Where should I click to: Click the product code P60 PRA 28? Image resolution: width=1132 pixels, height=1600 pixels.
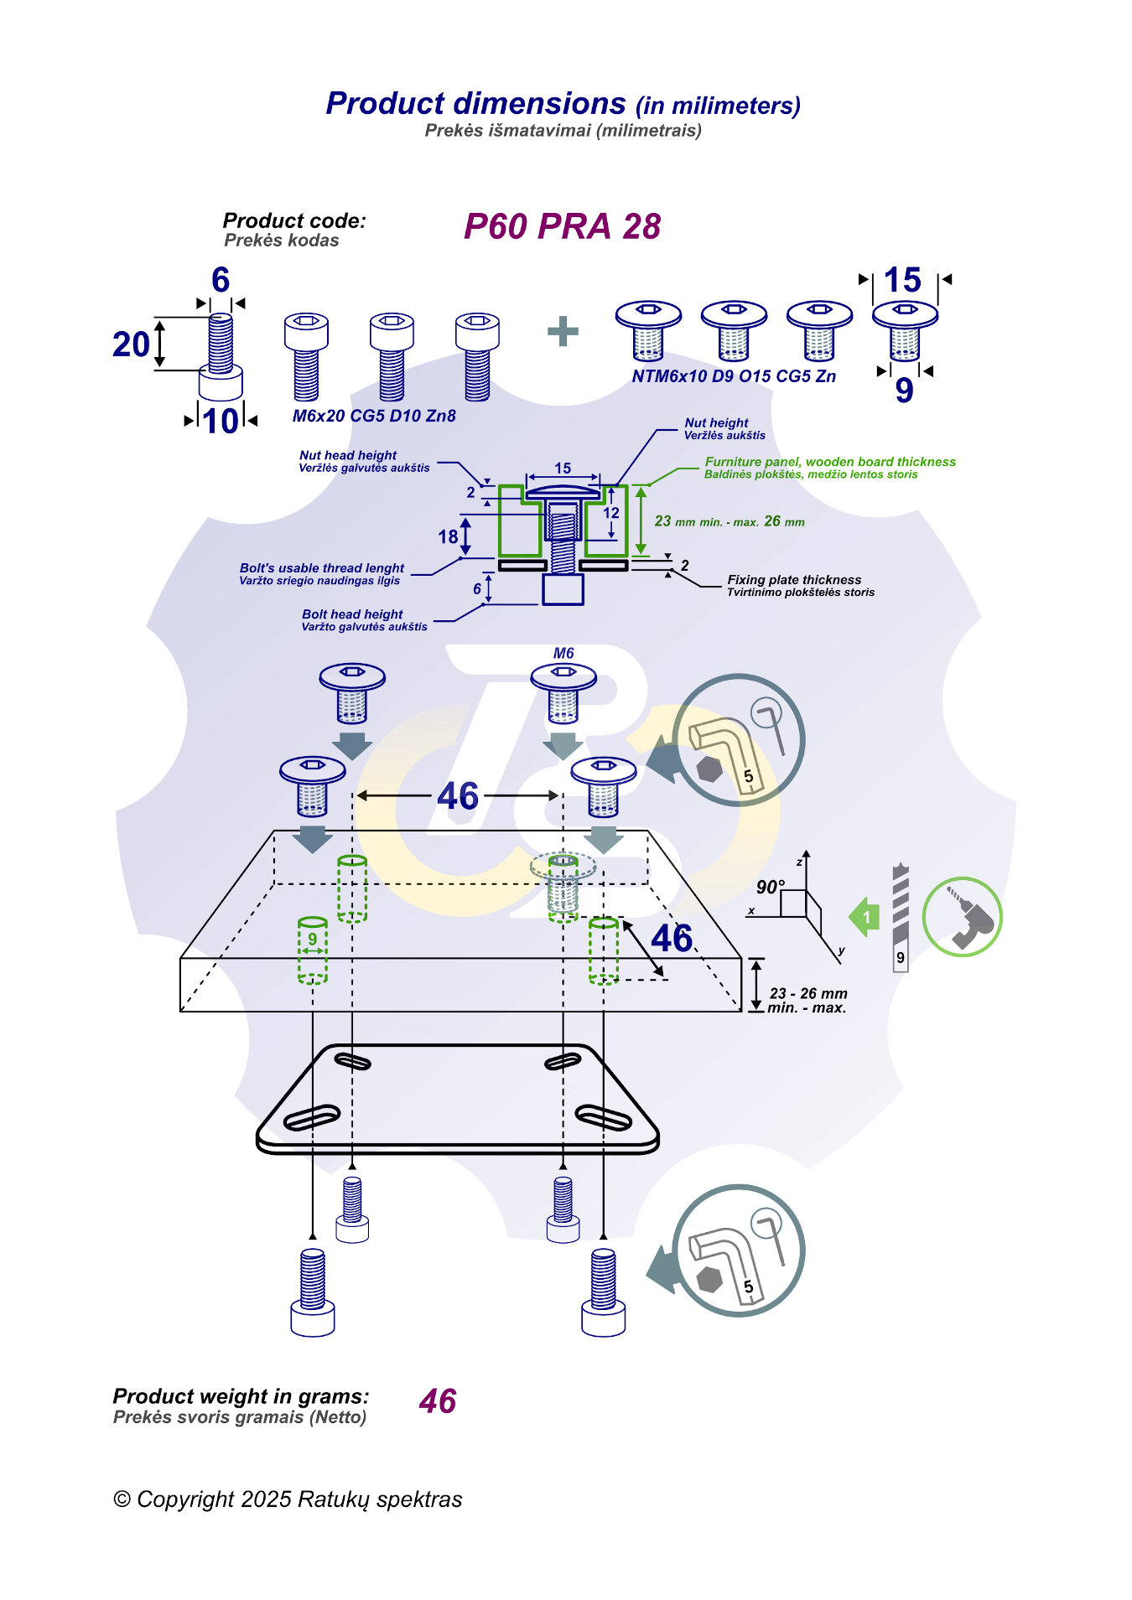pos(562,226)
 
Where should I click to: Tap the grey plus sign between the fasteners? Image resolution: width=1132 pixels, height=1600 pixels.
pos(563,332)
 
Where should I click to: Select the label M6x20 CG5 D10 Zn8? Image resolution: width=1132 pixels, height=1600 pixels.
pos(374,416)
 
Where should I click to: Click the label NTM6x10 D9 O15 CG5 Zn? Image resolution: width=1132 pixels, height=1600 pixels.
pos(734,376)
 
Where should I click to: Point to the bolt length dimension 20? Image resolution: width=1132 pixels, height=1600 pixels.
pos(132,344)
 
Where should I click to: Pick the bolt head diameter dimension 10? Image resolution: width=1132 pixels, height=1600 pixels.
pos(221,421)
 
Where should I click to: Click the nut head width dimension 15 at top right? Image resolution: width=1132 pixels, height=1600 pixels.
pos(902,280)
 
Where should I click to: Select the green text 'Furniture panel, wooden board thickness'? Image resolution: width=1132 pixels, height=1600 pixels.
pos(830,462)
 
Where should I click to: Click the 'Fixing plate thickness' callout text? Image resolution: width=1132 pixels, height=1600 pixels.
pos(794,580)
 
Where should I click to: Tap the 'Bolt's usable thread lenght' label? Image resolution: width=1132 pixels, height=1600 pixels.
pos(322,568)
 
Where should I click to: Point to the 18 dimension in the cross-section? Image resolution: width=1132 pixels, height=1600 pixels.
pos(448,536)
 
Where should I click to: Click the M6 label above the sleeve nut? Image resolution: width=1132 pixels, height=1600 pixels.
pos(563,653)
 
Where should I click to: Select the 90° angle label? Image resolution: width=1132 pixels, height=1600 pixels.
pos(770,887)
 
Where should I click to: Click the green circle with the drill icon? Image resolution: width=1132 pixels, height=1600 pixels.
pos(962,917)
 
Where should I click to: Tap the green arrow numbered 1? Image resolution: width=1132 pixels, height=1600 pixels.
pos(865,917)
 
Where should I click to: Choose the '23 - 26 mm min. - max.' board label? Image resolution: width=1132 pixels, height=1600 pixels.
pos(807,1000)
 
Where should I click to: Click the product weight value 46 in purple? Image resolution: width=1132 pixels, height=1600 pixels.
pos(438,1401)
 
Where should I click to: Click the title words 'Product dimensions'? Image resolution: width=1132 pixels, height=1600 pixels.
pos(475,104)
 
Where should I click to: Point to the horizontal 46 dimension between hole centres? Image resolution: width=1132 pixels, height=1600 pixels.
pos(458,795)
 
